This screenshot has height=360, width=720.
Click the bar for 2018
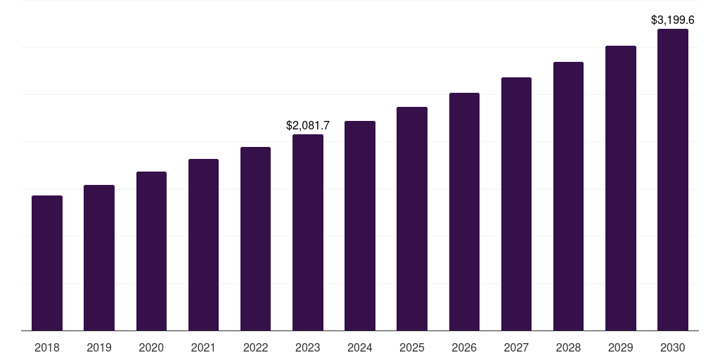coord(47,263)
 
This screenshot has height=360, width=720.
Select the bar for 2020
coord(151,251)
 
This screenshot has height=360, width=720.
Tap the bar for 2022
coord(255,239)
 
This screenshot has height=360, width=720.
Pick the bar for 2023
coord(308,233)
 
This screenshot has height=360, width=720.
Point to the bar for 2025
coord(412,219)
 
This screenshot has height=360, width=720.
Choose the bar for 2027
coord(516,204)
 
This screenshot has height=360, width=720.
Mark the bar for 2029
coord(620,188)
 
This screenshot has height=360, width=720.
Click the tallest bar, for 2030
coord(673,180)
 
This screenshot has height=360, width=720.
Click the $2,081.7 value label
coord(308,126)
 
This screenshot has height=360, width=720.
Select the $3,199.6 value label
coord(673,20)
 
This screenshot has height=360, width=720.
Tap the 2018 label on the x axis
coord(47,348)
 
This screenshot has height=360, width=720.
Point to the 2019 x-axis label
coord(99,348)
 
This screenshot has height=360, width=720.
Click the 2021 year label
coord(203,348)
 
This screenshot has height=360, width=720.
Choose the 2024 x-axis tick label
coord(360,348)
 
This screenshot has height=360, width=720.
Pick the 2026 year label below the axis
coord(464,348)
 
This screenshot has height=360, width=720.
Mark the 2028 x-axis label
coord(568,348)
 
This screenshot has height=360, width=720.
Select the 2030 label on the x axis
coord(673,348)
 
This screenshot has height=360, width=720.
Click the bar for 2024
coord(360,226)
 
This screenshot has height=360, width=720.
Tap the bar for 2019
coord(99,258)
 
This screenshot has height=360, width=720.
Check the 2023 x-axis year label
coord(308,348)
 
